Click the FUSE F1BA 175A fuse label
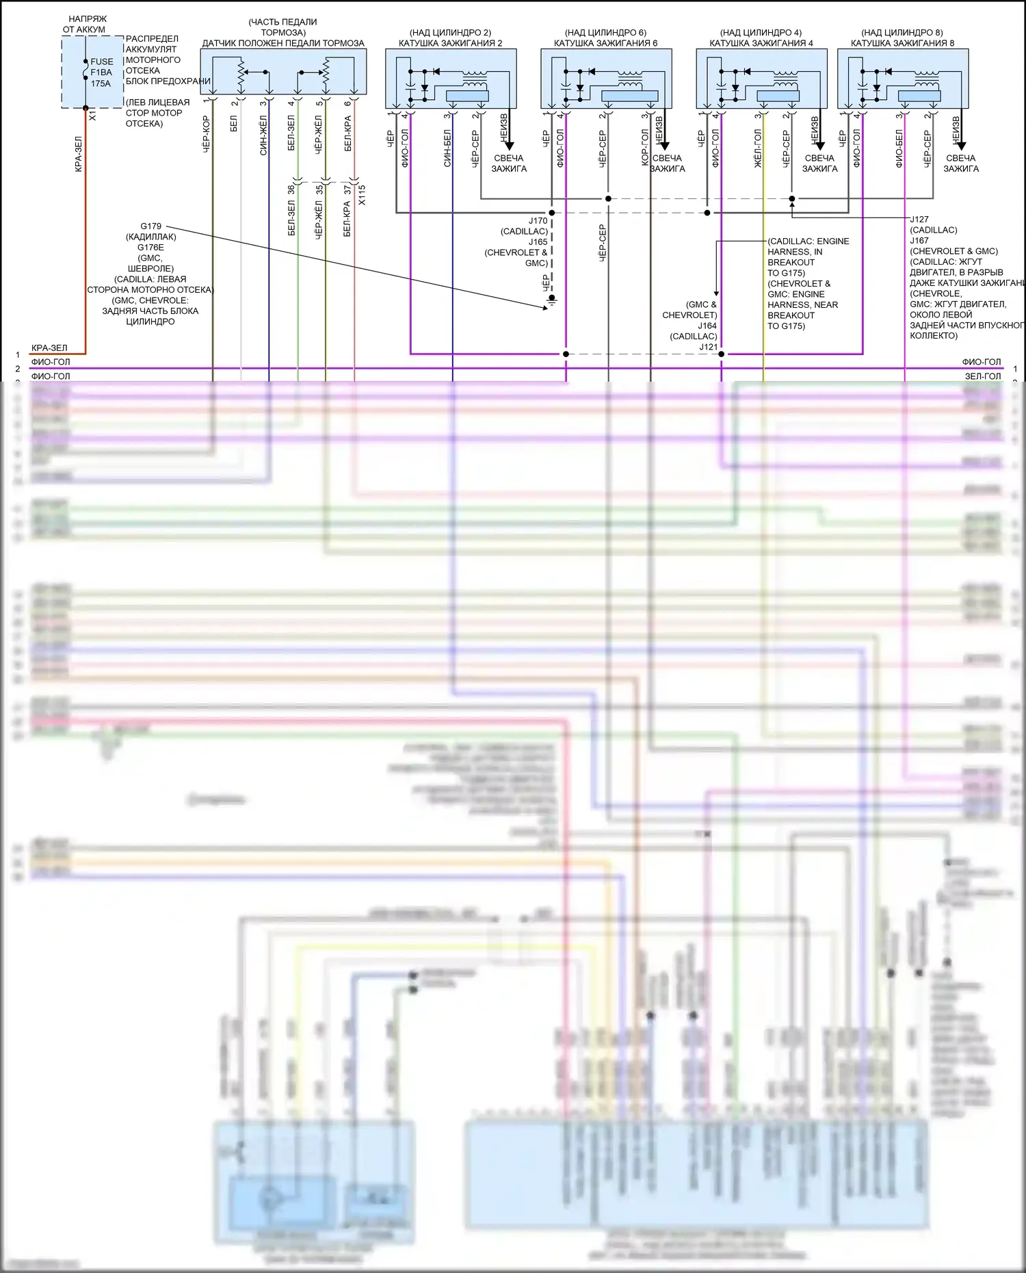pos(101,72)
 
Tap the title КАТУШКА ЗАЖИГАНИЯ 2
pos(450,43)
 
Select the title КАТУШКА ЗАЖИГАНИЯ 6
pos(605,43)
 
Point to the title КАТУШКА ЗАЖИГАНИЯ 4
pos(761,43)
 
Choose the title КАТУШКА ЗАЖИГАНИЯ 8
pos(902,43)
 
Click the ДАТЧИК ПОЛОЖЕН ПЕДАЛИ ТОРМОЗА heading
pos(283,43)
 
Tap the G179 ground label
pos(151,226)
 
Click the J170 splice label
pos(538,221)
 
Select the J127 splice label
pos(919,220)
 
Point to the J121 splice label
pos(708,347)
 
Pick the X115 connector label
pos(362,195)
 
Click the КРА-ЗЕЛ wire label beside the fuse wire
pos(79,154)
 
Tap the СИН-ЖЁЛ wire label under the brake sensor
pos(263,135)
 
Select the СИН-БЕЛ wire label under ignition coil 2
pos(447,148)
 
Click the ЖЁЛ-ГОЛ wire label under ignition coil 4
pos(758,148)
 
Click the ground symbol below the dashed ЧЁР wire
pos(552,300)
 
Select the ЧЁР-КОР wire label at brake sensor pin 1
pos(206,134)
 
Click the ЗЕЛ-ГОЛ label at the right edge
pos(983,376)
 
